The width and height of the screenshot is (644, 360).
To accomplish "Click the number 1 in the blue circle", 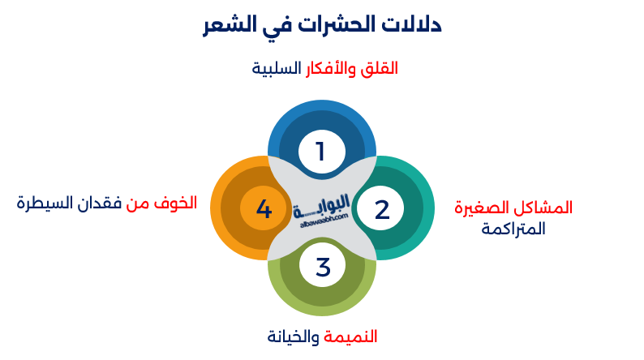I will (x=320, y=151).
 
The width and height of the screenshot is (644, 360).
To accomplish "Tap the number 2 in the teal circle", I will (x=382, y=209).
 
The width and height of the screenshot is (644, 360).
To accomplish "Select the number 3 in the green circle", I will (x=323, y=267).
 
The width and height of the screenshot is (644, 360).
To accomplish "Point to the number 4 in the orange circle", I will (x=264, y=209).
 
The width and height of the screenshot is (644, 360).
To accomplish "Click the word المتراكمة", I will (x=513, y=229).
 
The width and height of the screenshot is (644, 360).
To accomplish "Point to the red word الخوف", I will (x=178, y=203).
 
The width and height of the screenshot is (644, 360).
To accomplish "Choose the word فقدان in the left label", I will (x=101, y=203).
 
